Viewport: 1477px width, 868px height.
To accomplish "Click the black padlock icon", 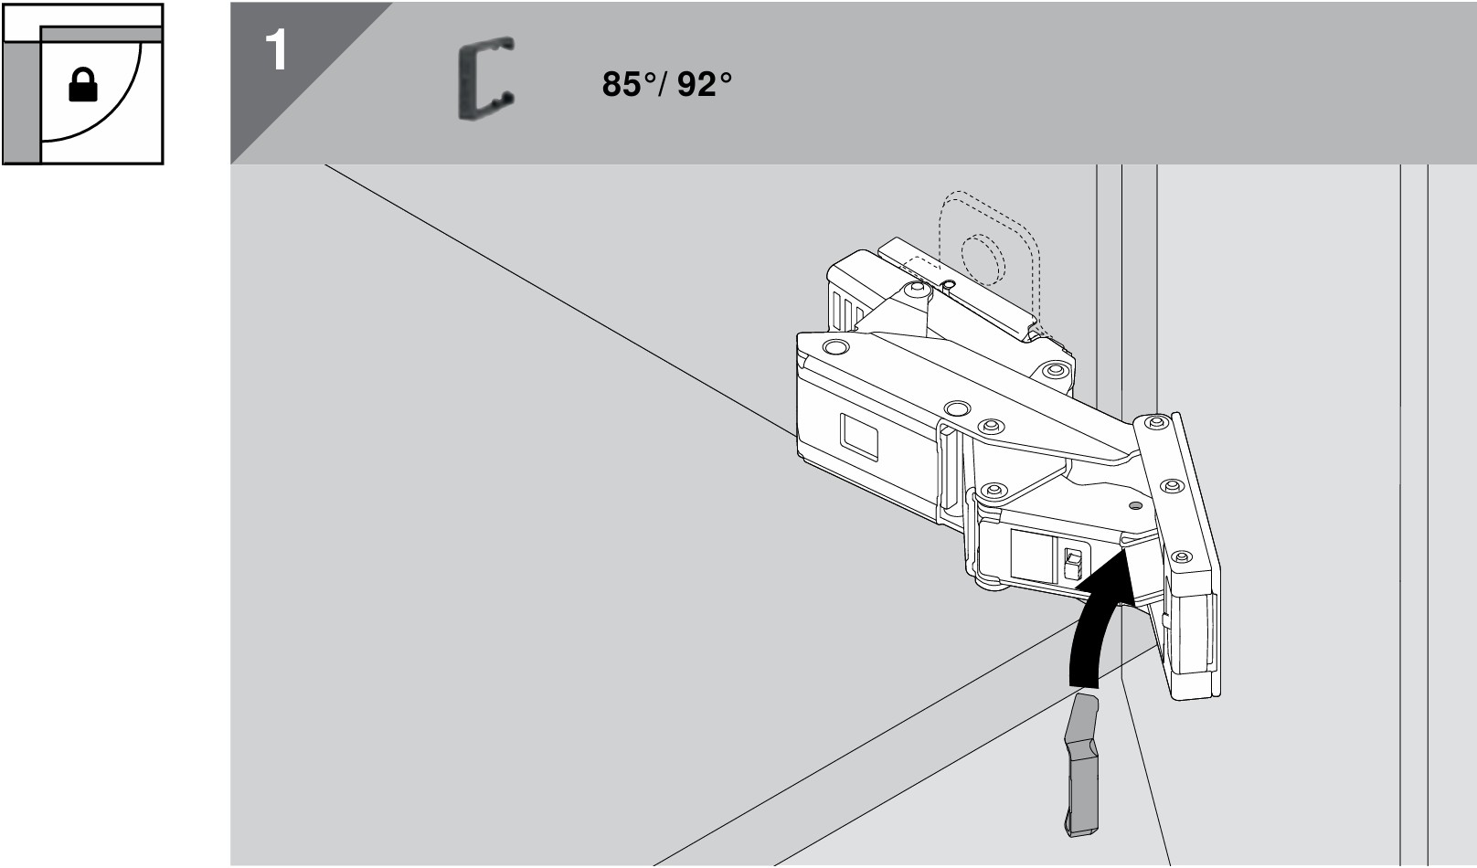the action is pyautogui.click(x=83, y=85).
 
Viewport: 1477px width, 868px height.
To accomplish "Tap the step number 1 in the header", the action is pyautogui.click(x=277, y=51).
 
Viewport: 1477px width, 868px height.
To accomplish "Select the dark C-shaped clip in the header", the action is pyautogui.click(x=485, y=78).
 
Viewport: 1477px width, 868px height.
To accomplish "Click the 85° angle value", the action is pyautogui.click(x=630, y=84).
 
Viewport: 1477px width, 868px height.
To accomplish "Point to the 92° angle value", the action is pyautogui.click(x=705, y=84).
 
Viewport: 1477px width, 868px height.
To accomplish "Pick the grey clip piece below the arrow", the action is pyautogui.click(x=1081, y=765).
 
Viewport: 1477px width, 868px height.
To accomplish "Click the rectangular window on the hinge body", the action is pyautogui.click(x=858, y=437).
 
